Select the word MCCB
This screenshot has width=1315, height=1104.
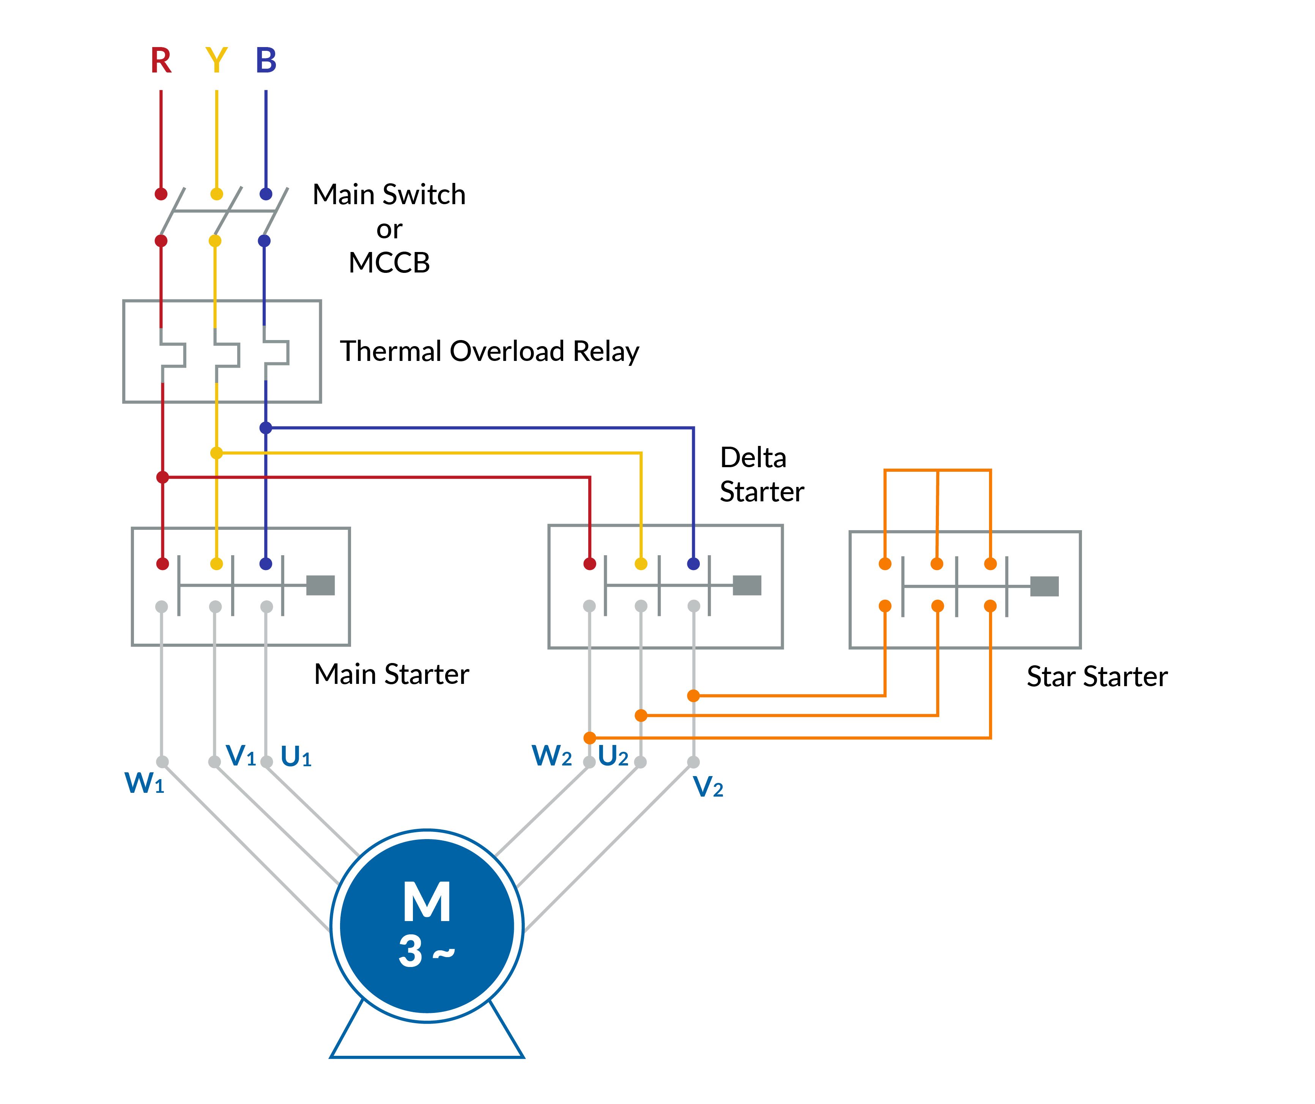point(389,263)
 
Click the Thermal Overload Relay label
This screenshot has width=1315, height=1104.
point(489,351)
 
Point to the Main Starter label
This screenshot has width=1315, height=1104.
point(391,674)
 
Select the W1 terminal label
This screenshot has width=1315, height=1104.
point(144,783)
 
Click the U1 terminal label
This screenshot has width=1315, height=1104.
point(296,757)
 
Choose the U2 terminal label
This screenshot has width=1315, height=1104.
point(613,756)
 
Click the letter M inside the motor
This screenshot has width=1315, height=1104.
point(427,902)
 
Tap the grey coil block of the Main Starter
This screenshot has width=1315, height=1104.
point(321,586)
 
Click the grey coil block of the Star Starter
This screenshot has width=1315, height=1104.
point(1044,586)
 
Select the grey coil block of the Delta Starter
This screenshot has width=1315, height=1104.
point(747,586)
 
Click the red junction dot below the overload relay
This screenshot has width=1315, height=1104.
point(162,478)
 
